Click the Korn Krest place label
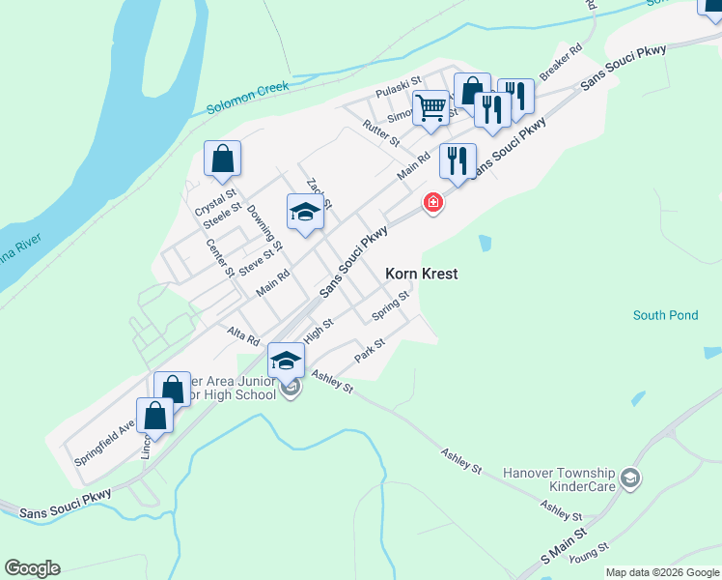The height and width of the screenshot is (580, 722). (x=421, y=274)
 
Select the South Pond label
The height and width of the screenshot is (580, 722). (x=664, y=315)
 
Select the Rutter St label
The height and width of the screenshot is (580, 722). (x=381, y=132)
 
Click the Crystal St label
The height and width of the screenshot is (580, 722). (x=208, y=195)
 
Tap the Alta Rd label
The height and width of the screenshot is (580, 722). (x=243, y=335)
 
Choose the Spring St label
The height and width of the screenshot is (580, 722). (x=391, y=308)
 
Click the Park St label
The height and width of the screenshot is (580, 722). (x=370, y=349)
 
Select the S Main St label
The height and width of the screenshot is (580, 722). (x=564, y=547)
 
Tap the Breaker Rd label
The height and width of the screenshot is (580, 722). (x=562, y=61)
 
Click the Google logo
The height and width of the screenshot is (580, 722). (x=32, y=568)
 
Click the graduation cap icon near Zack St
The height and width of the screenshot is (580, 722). (x=305, y=213)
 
